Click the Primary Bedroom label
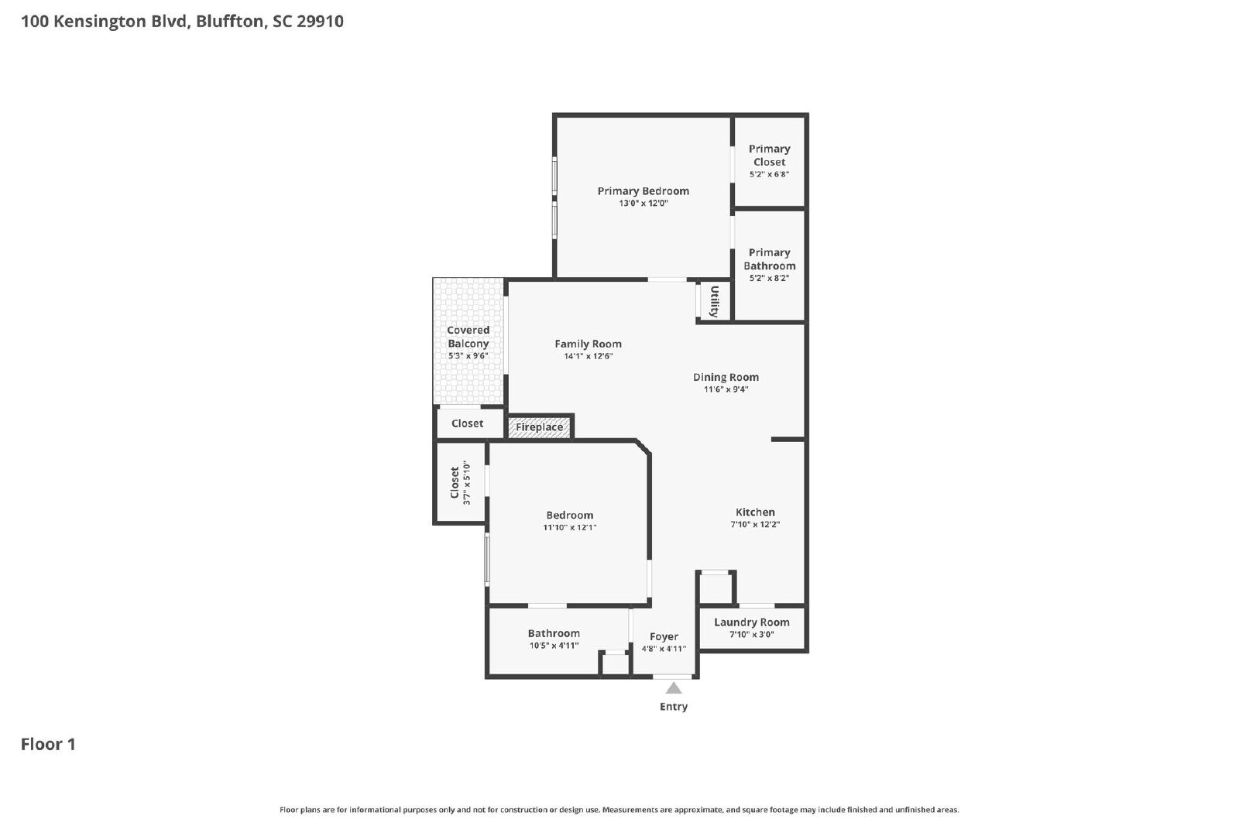[x=643, y=190]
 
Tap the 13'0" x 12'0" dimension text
[x=644, y=203]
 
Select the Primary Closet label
[x=769, y=156]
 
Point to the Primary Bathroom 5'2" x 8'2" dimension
[x=769, y=278]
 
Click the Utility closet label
[x=714, y=301]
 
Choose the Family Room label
[x=588, y=344]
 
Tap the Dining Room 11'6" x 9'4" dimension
[x=726, y=389]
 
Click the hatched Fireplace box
[x=539, y=427]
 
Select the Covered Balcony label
[x=468, y=337]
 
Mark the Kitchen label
[x=755, y=512]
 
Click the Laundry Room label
[x=752, y=622]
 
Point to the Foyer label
[x=664, y=636]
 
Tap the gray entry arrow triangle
[x=673, y=688]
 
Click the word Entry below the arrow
[x=674, y=707]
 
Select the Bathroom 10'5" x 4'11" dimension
[x=554, y=645]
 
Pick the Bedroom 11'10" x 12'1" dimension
[x=570, y=527]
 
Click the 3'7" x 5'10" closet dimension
[x=466, y=482]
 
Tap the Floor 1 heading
[x=48, y=744]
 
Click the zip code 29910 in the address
[x=321, y=21]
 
